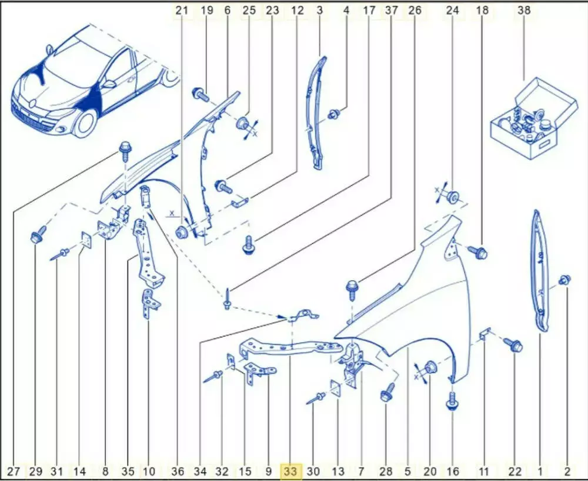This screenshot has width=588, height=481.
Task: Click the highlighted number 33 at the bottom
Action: click(x=290, y=471)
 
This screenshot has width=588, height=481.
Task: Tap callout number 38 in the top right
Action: click(x=524, y=10)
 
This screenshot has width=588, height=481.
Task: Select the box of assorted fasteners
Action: click(x=534, y=119)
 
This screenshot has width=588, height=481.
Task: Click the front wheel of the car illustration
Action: click(x=86, y=122)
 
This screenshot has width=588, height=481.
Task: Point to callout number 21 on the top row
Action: click(x=182, y=10)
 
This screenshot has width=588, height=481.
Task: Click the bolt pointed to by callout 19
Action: click(x=201, y=94)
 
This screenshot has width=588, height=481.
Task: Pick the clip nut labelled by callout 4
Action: click(x=333, y=114)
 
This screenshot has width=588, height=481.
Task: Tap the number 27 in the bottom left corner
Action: click(x=14, y=471)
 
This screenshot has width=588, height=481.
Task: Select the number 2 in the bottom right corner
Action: click(x=567, y=471)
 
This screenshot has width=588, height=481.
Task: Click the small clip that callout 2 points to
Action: click(x=564, y=280)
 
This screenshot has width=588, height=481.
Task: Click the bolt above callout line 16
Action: click(x=453, y=401)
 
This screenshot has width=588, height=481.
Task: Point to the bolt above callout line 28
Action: click(x=387, y=392)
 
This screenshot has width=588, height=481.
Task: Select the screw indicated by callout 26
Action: click(x=352, y=290)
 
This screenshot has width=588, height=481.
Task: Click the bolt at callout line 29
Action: click(x=37, y=235)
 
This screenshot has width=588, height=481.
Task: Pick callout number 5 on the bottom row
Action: click(x=408, y=471)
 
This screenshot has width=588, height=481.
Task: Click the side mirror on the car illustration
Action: click(x=109, y=84)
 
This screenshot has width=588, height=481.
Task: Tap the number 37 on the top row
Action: click(x=392, y=10)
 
